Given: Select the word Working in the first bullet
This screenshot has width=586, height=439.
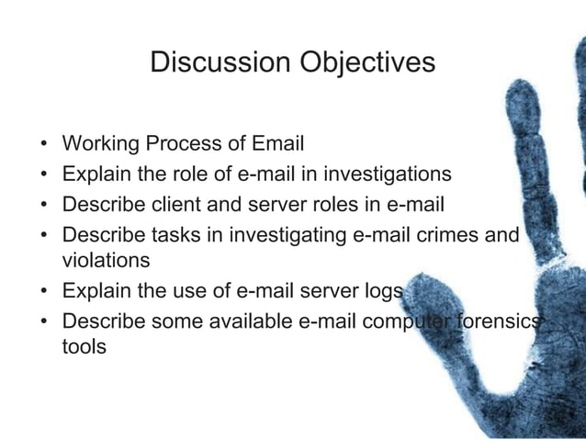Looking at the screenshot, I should point(98,144).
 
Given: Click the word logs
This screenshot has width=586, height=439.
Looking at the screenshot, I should point(380,292).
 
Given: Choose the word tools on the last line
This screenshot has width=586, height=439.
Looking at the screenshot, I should point(83,348).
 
